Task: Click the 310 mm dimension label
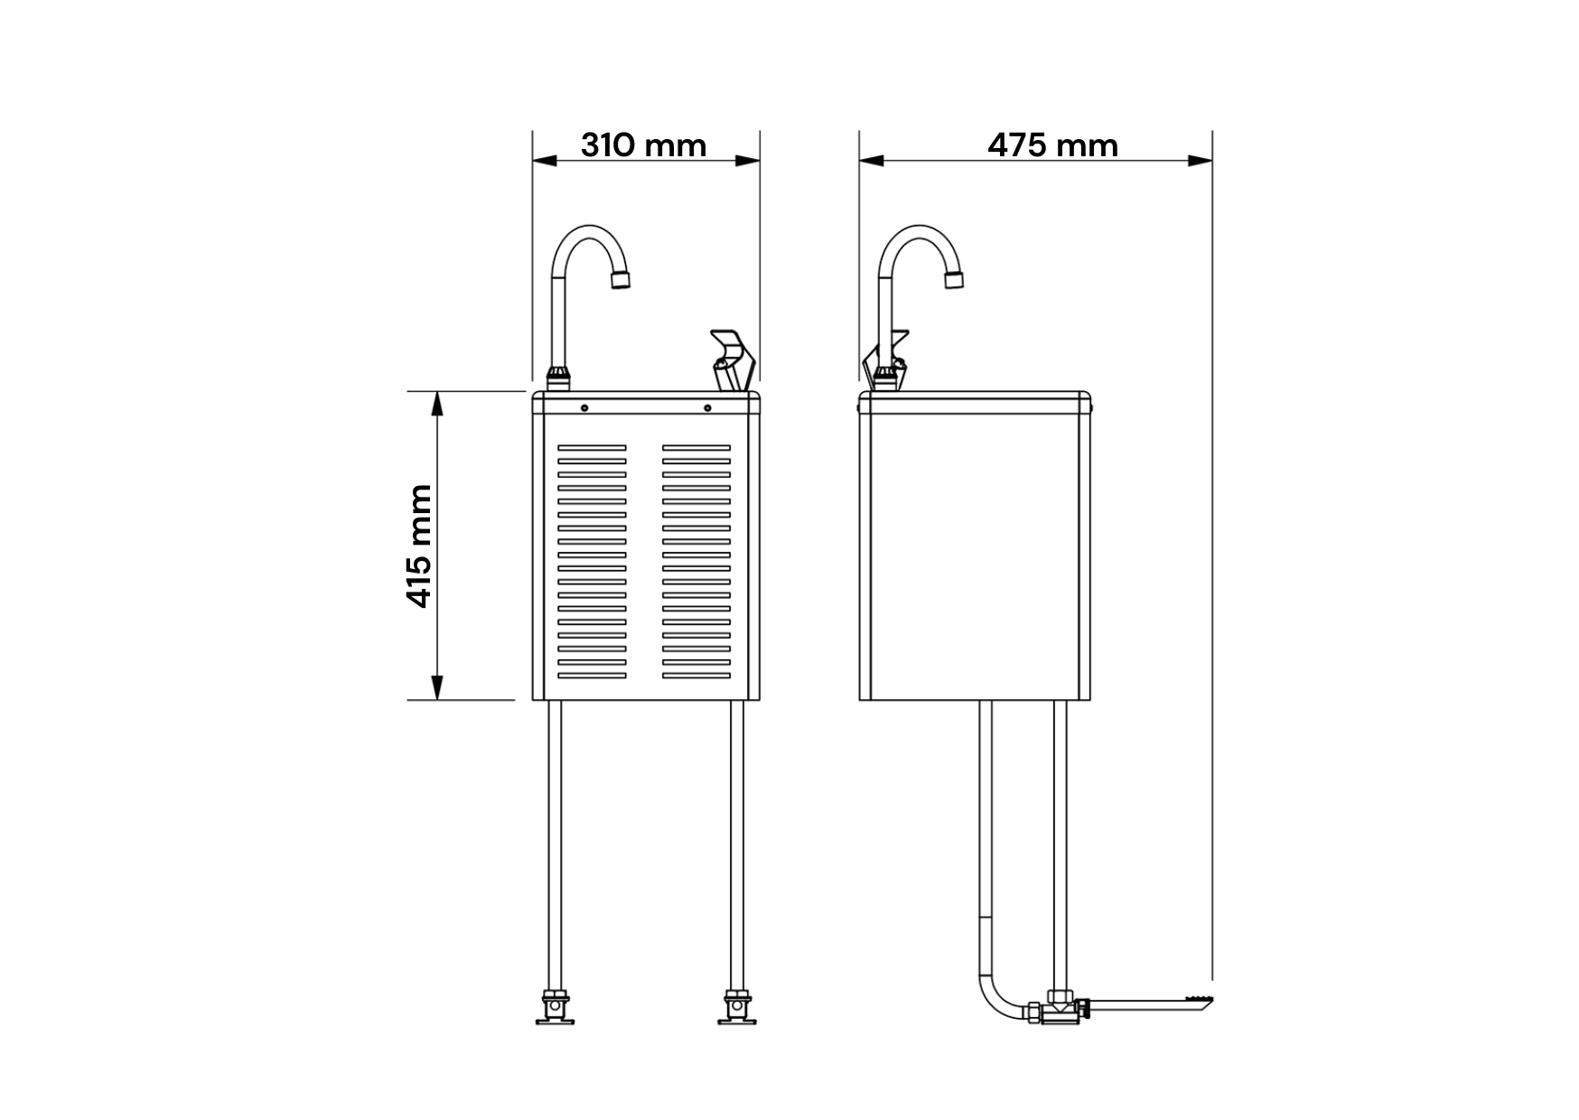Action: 643,145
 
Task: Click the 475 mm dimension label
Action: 1052,145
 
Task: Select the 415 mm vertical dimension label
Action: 419,546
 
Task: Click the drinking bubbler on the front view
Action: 733,359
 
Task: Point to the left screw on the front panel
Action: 584,408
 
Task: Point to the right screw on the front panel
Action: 707,408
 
